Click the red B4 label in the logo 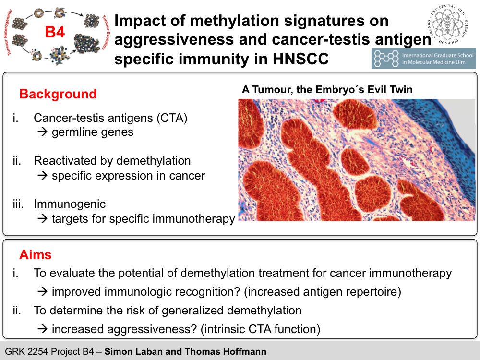(55, 32)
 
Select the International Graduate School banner (424, 59)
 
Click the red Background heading (58, 94)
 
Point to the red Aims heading (35, 255)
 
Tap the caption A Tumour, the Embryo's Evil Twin (327, 89)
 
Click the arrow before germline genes (42, 132)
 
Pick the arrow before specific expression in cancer (42, 176)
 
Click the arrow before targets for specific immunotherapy (42, 219)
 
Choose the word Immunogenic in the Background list (70, 204)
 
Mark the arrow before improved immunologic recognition (42, 292)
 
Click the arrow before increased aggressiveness (42, 329)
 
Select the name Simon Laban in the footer (133, 351)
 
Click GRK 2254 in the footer (26, 351)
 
